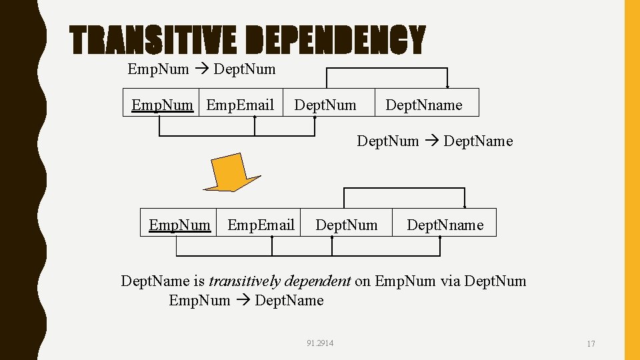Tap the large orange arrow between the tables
click(x=231, y=172)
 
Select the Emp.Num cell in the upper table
click(x=162, y=105)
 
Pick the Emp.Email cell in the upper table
click(x=241, y=105)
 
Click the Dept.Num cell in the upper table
click(x=325, y=105)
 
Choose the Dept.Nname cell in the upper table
click(x=423, y=105)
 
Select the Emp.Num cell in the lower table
click(x=179, y=225)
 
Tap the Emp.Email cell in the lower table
click(x=261, y=225)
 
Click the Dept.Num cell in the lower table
click(x=346, y=225)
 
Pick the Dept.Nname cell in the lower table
click(x=445, y=225)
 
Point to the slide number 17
click(x=591, y=344)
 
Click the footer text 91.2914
click(x=320, y=343)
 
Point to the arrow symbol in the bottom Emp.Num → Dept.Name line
click(x=243, y=301)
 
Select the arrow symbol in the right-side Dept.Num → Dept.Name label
click(x=431, y=141)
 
